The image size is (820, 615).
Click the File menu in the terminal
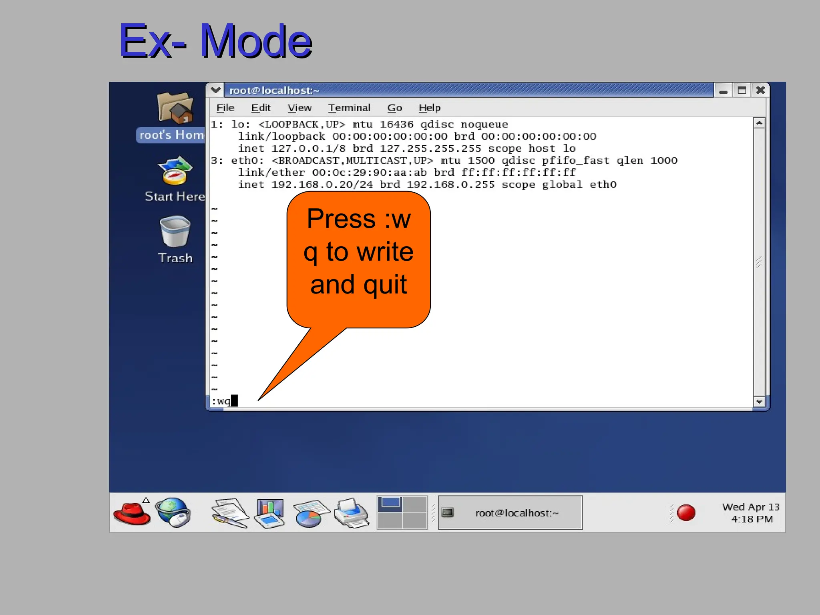pyautogui.click(x=225, y=108)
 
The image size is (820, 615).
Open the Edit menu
pyautogui.click(x=261, y=108)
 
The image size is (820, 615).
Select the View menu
pyautogui.click(x=299, y=108)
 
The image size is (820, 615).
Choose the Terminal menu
pyautogui.click(x=349, y=108)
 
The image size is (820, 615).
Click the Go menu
pyautogui.click(x=394, y=108)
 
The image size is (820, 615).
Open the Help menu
pyautogui.click(x=429, y=108)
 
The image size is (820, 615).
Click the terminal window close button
pyautogui.click(x=760, y=90)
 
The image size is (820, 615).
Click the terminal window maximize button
pyautogui.click(x=742, y=90)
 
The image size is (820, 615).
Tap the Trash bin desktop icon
pyautogui.click(x=175, y=232)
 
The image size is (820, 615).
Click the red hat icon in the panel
pyautogui.click(x=132, y=513)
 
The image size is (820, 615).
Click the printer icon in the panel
pyautogui.click(x=351, y=513)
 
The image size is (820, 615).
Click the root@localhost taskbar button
pyautogui.click(x=510, y=513)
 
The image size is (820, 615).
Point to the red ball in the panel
pyautogui.click(x=685, y=513)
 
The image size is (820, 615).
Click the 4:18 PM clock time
pyautogui.click(x=752, y=519)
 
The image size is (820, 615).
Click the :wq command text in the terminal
pyautogui.click(x=221, y=401)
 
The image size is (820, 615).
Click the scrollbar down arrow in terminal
pyautogui.click(x=759, y=401)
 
